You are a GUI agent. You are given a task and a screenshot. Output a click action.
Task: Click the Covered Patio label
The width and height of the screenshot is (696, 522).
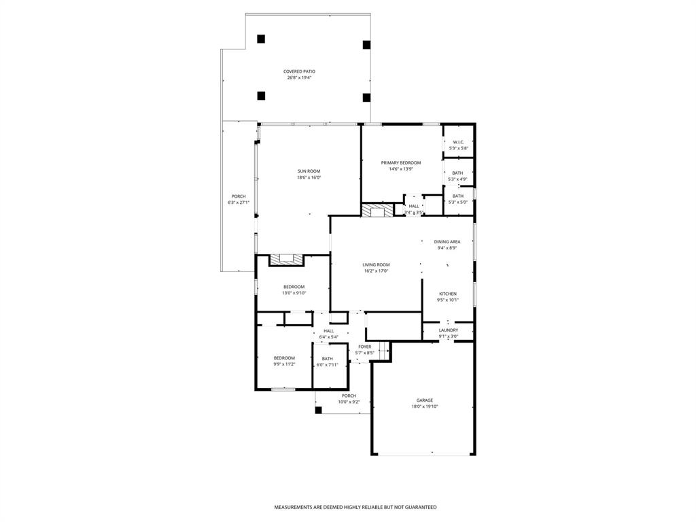[299, 71]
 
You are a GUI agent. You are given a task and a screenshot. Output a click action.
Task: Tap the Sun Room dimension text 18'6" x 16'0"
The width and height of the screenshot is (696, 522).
[309, 178]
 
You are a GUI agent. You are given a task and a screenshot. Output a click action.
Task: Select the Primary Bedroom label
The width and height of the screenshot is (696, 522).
[400, 162]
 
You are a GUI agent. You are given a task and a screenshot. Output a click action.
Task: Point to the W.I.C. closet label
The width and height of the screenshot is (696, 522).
[458, 142]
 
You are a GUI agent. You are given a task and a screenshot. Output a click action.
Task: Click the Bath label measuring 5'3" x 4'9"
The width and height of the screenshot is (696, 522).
[457, 173]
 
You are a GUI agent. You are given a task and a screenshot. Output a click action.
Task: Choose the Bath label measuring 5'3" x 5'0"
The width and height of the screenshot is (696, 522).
[457, 196]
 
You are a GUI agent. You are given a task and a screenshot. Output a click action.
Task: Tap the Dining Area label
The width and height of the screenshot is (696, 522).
[447, 241]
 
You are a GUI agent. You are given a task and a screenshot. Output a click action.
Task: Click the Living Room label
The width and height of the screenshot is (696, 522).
[376, 264]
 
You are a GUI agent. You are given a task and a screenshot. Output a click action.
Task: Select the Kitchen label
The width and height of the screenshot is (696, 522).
[447, 294]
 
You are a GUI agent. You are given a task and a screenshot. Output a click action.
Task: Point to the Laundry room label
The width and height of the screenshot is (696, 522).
[448, 330]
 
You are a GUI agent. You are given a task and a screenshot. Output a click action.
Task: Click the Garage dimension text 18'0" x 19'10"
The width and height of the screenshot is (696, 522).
[424, 406]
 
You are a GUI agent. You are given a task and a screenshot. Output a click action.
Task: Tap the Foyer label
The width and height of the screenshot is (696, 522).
[365, 347]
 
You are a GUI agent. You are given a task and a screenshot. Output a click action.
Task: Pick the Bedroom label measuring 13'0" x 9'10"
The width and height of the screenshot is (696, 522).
[294, 287]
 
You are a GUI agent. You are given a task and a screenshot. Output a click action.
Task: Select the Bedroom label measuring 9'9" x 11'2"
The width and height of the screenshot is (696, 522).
[284, 358]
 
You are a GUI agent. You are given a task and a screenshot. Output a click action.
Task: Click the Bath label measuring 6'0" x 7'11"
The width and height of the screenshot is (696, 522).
[328, 359]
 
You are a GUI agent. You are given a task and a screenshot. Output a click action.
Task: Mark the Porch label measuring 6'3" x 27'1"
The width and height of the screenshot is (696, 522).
[238, 196]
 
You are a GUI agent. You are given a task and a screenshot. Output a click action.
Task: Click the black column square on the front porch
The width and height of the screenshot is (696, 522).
[318, 410]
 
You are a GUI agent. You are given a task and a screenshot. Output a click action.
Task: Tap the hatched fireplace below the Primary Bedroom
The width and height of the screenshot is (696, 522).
[377, 211]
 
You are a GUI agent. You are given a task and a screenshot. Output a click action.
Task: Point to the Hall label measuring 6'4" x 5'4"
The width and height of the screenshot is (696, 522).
[328, 331]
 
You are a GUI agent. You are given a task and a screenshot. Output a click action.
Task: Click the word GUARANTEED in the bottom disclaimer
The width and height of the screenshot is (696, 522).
[418, 507]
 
